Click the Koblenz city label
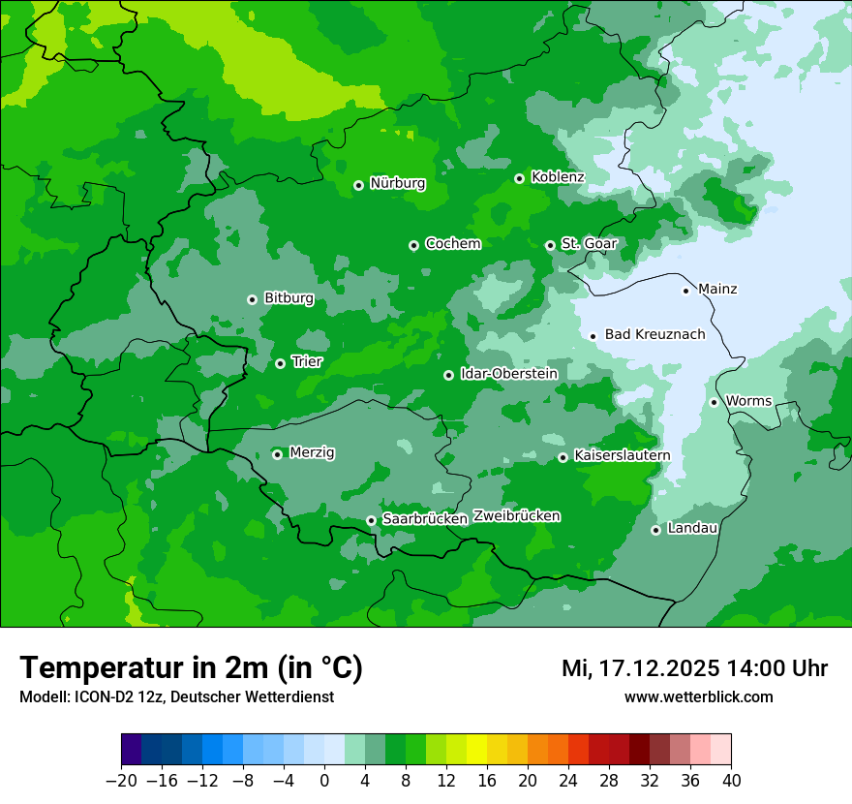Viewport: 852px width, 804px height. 558,177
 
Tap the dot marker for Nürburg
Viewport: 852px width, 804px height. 358,184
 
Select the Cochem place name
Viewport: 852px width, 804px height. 452,244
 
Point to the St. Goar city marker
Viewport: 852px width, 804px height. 550,245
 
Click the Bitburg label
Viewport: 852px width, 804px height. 289,298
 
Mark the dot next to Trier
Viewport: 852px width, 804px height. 280,363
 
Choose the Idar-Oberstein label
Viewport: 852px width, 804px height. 508,374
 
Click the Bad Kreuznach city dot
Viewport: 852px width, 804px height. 593,336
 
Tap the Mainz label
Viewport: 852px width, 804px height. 717,289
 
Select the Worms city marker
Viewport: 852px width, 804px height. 714,402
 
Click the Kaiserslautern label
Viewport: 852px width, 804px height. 622,455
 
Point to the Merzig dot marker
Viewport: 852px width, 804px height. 277,454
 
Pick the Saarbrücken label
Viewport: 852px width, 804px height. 425,519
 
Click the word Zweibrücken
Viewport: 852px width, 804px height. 516,516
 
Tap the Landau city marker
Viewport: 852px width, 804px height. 655,530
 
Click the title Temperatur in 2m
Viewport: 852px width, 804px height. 191,667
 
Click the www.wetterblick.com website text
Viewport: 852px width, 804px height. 698,696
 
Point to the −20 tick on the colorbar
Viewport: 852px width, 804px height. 121,781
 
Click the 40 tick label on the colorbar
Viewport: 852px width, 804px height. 731,781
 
